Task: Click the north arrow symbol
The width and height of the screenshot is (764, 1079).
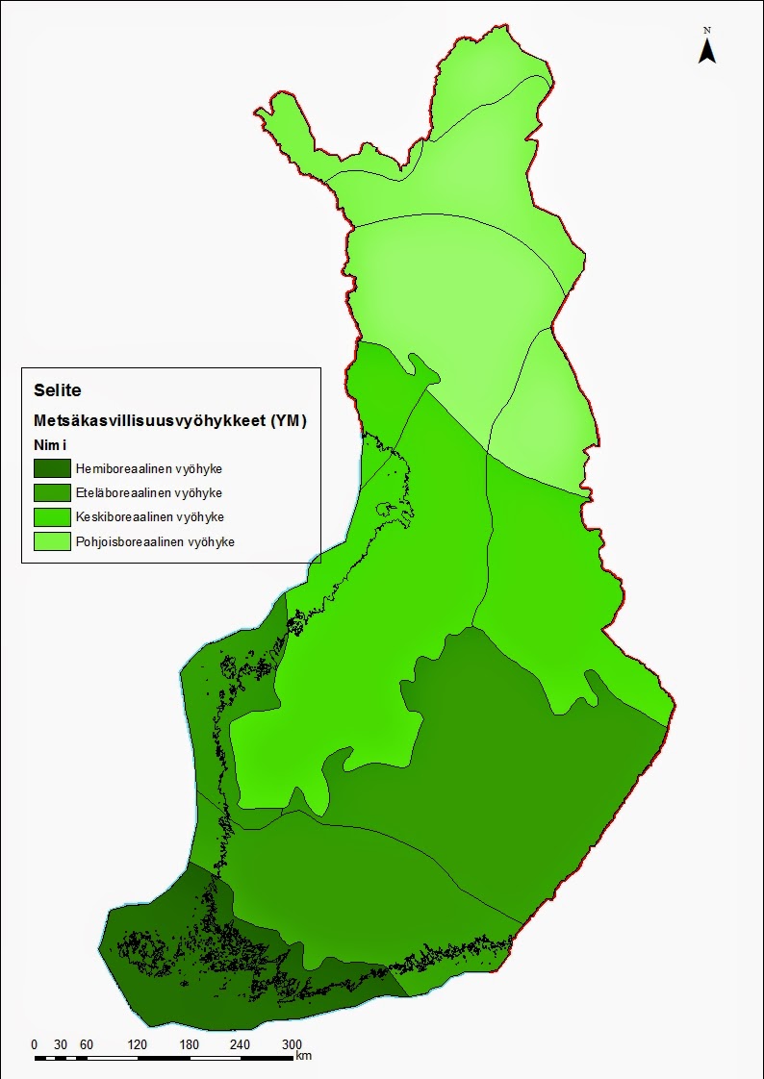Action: tap(706, 48)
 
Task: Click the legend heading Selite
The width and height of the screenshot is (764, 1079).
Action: tap(57, 390)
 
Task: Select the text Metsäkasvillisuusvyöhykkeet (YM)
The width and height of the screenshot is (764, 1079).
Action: tap(169, 420)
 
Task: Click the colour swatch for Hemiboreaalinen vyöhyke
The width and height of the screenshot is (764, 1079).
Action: tap(52, 469)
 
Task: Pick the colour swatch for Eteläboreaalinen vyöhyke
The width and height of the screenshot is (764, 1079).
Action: tap(52, 493)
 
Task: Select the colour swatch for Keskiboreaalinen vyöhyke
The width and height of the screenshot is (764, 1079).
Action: tap(52, 517)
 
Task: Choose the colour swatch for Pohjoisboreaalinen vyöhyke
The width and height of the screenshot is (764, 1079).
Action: tap(52, 541)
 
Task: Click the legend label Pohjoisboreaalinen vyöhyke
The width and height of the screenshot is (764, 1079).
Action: tap(154, 541)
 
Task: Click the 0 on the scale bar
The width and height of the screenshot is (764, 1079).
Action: tap(35, 1045)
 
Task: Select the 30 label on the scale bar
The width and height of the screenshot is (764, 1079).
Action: tap(60, 1045)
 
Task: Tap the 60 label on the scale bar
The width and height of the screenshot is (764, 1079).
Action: tap(86, 1045)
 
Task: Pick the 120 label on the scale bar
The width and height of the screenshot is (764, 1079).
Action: tap(137, 1045)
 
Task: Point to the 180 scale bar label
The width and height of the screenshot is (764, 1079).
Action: tap(189, 1045)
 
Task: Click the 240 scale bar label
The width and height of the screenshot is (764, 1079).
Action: tap(240, 1045)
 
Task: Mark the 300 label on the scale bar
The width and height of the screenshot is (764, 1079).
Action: tap(292, 1045)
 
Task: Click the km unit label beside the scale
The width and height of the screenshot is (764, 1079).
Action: tap(304, 1056)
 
